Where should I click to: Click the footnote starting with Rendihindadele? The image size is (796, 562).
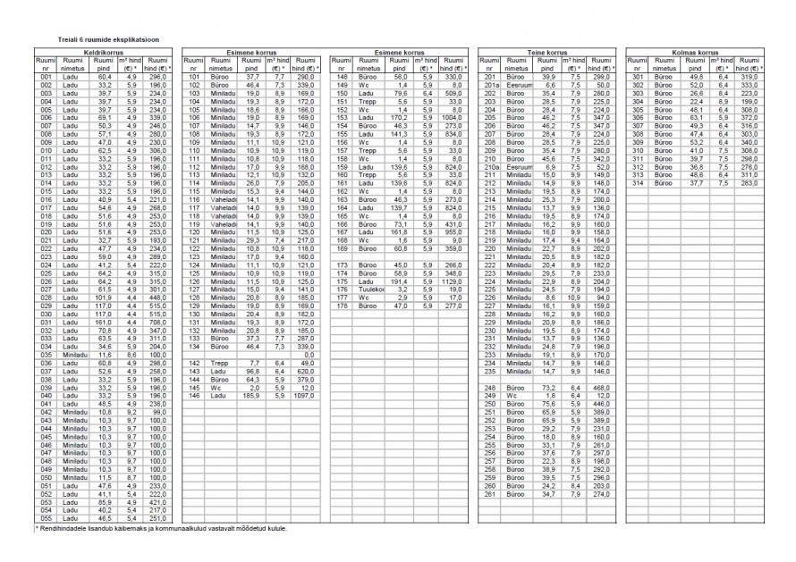click(161, 529)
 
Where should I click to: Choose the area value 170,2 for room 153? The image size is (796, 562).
click(399, 118)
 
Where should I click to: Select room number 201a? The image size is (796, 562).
click(491, 85)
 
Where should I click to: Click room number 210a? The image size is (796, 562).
click(491, 167)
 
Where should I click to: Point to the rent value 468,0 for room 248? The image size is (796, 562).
click(601, 388)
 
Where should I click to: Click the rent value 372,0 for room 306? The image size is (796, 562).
click(749, 118)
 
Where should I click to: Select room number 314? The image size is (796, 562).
click(639, 183)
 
